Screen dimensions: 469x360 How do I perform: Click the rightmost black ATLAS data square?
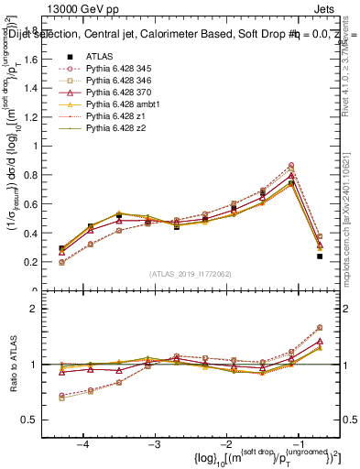(x=320, y=256)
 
